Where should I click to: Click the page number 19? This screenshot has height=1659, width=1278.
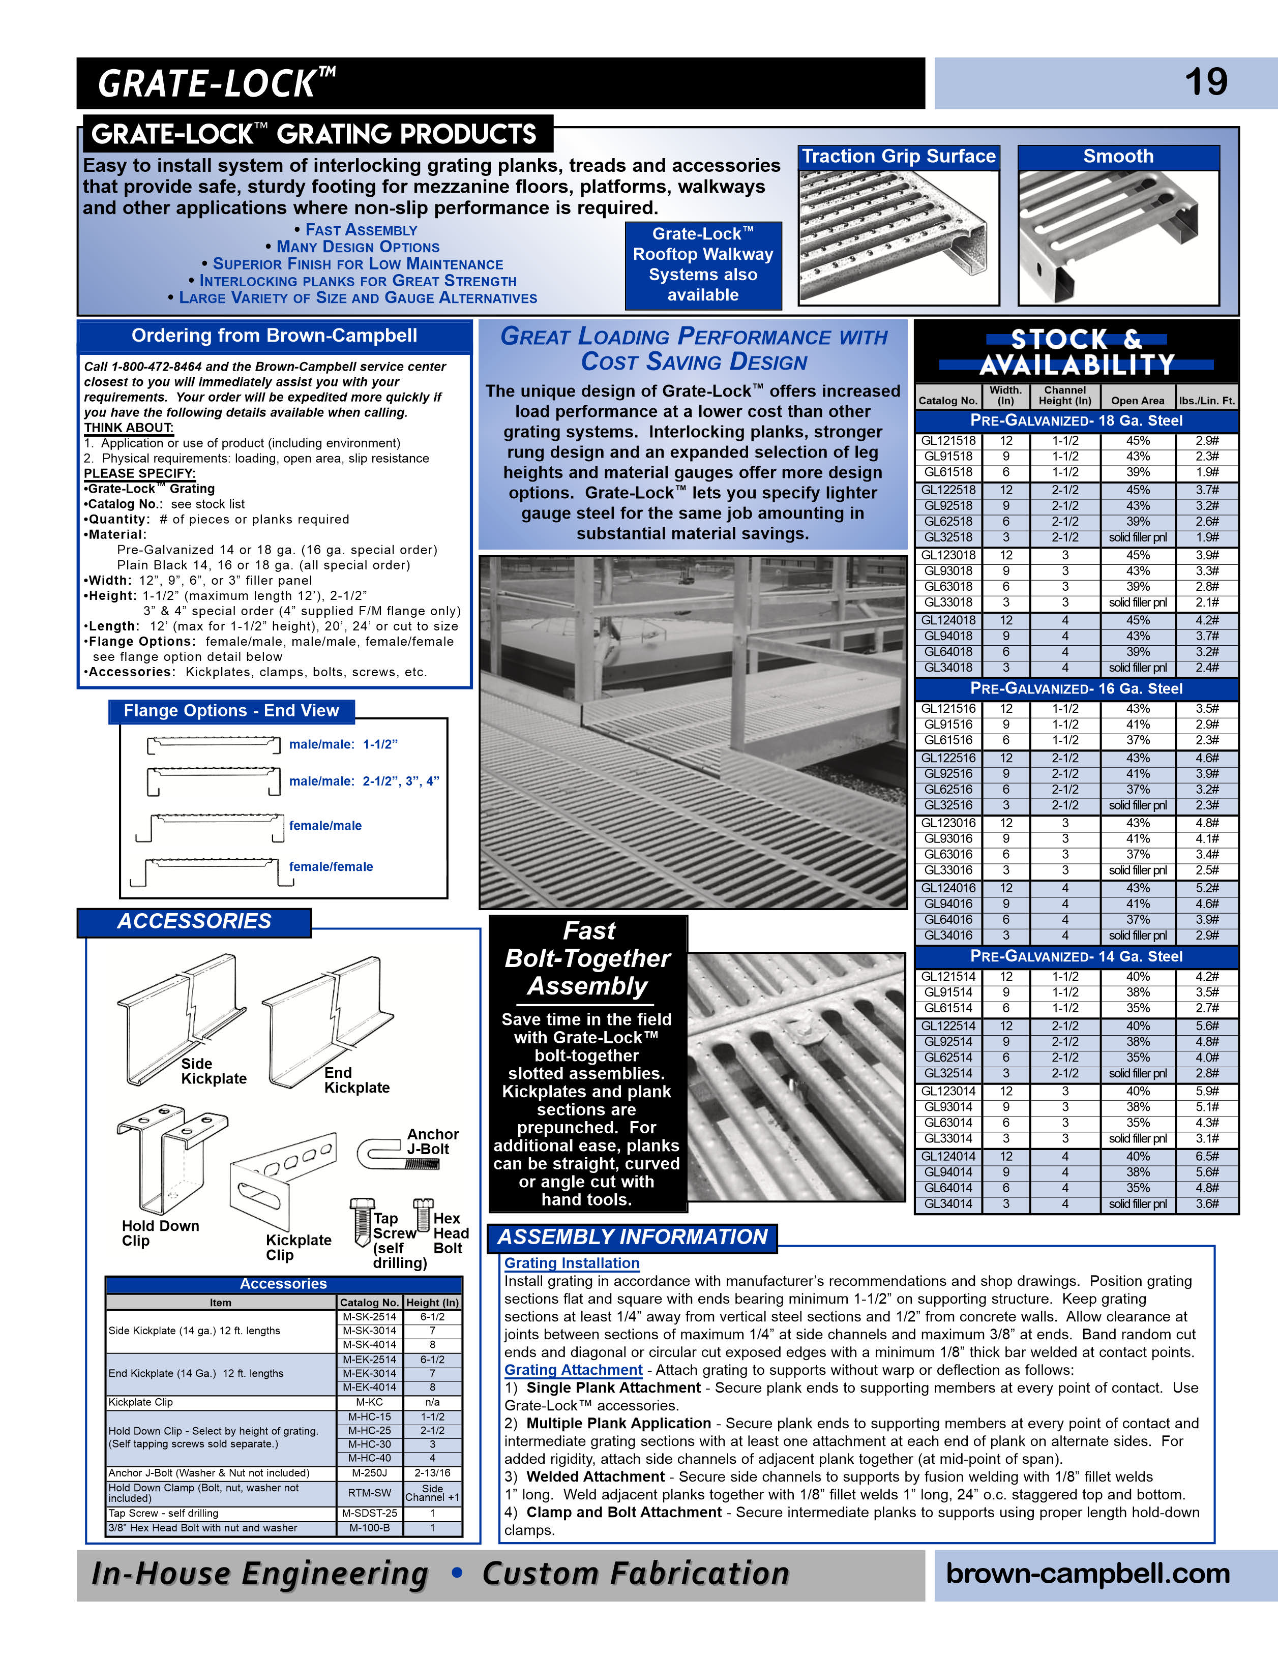click(1205, 82)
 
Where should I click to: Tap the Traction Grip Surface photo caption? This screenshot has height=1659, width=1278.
click(898, 157)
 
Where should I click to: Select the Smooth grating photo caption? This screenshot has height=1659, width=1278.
click(1118, 157)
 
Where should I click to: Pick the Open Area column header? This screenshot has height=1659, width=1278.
click(1137, 400)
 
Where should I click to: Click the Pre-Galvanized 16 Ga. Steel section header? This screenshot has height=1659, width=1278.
click(1076, 689)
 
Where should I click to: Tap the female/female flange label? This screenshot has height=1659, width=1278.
click(331, 867)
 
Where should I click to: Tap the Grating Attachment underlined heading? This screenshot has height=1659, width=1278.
click(573, 1370)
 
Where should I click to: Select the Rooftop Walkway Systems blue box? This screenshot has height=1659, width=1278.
click(703, 265)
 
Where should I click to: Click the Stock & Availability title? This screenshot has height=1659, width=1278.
click(1076, 352)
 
